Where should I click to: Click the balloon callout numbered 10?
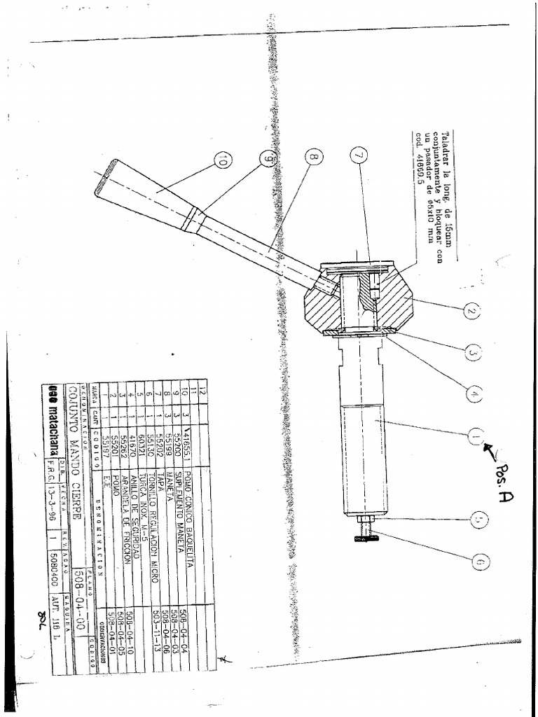[x=222, y=162]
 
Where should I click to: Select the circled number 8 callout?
[x=313, y=158]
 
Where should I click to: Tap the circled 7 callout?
[x=359, y=155]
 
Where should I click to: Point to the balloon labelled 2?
[x=472, y=312]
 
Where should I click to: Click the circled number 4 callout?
[x=475, y=394]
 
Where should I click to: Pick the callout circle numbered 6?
[x=481, y=561]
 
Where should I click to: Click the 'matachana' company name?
[x=51, y=426]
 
